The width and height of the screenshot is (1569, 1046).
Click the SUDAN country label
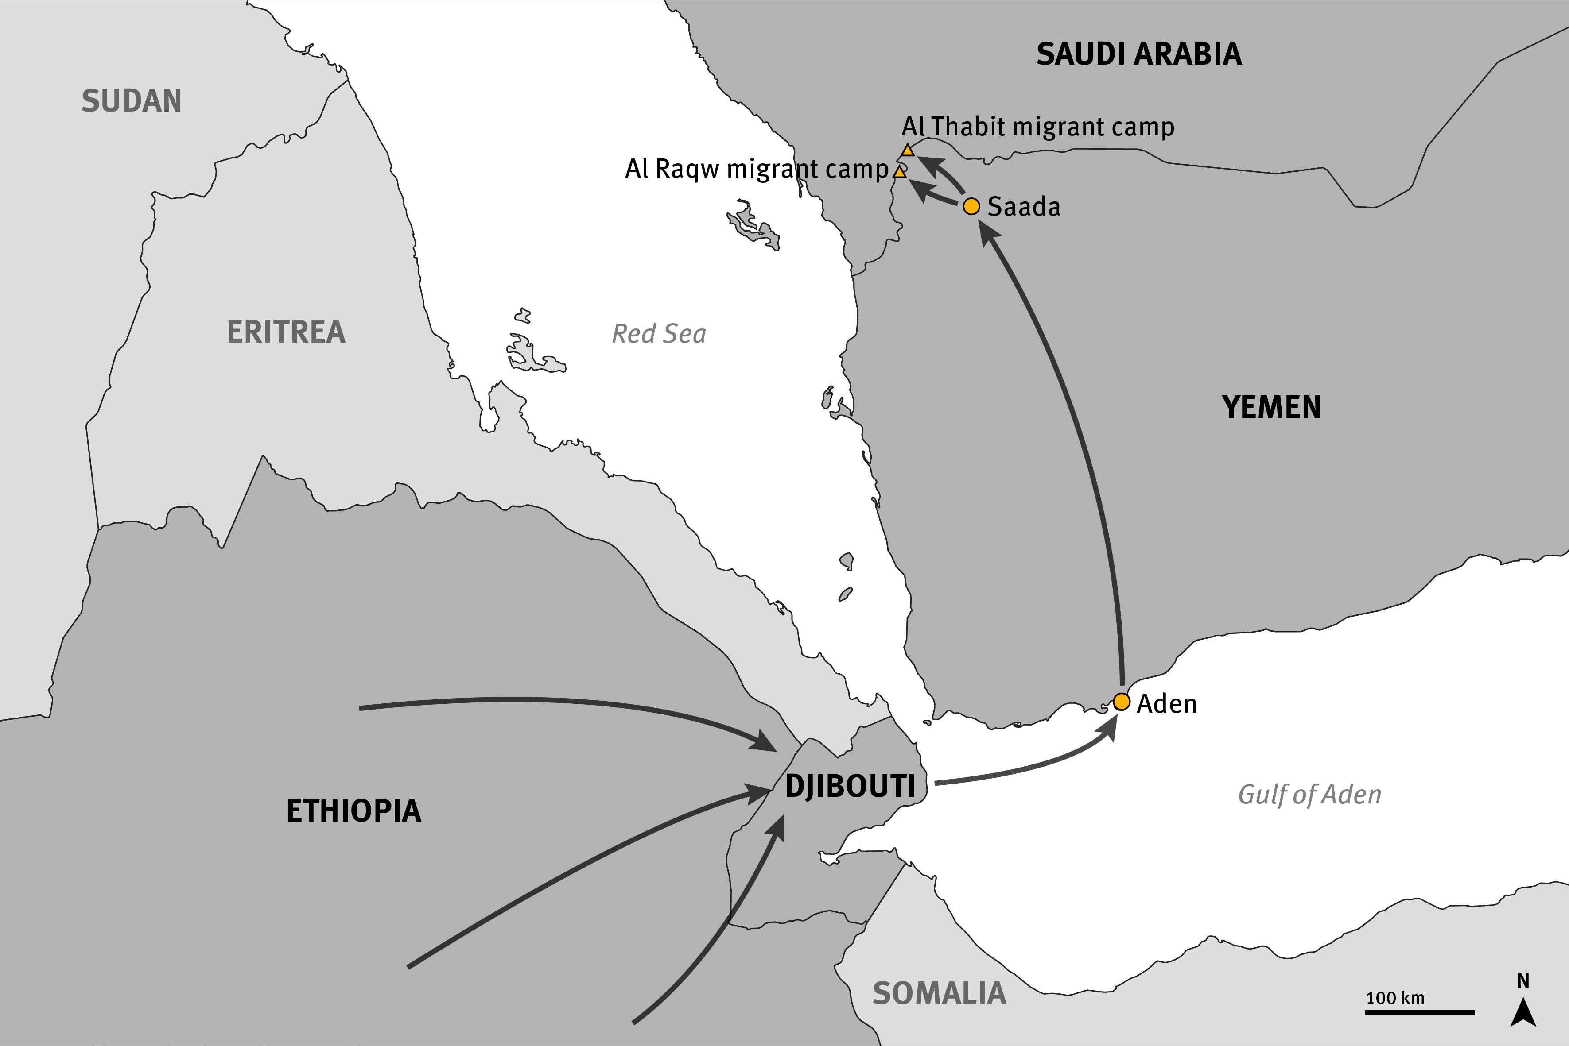tap(132, 101)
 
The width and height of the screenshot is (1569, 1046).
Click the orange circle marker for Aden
tap(1121, 702)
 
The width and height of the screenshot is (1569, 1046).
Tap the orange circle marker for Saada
tap(972, 206)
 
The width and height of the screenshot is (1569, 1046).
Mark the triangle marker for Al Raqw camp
tap(900, 172)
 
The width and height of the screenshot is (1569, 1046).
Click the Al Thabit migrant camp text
tap(1038, 126)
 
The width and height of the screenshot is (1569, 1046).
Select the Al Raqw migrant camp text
tap(757, 169)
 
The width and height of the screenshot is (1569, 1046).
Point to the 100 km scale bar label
tap(1395, 998)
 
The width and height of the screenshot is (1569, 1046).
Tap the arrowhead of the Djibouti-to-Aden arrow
tap(1108, 726)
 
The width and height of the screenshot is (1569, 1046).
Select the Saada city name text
tap(1024, 207)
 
